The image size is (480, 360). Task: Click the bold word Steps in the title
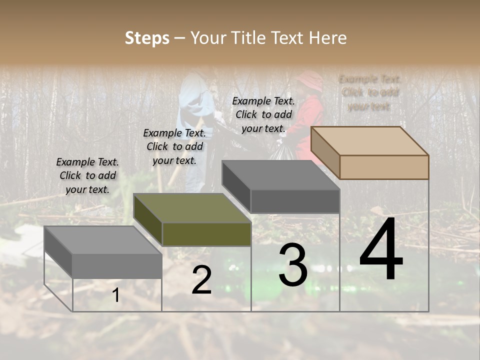[x=147, y=38]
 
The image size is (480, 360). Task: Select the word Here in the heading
[x=327, y=38]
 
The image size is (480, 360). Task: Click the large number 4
[x=381, y=250]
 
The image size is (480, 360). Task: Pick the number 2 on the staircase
[x=201, y=280]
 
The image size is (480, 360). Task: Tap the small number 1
[x=116, y=295]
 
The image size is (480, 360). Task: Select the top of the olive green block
[x=192, y=208]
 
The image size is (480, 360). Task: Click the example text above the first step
[x=87, y=175]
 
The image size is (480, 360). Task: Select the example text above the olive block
[x=174, y=146]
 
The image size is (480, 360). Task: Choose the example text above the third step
[x=263, y=114]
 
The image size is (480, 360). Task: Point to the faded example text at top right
[x=369, y=92]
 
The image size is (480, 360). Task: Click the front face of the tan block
[x=384, y=167]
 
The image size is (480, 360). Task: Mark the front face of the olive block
[x=206, y=234]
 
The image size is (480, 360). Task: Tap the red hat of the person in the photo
[x=310, y=80]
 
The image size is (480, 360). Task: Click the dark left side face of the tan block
[x=325, y=153]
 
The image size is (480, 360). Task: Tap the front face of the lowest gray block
[x=117, y=266]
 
